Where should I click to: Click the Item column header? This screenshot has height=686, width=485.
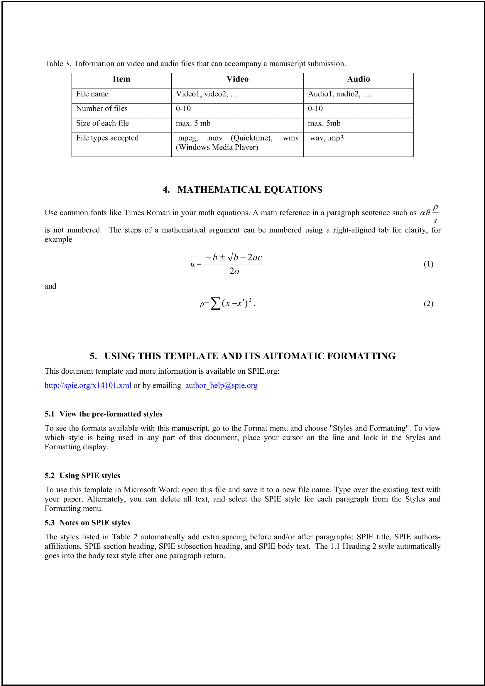coord(121,79)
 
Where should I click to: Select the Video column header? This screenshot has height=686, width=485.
coord(237,79)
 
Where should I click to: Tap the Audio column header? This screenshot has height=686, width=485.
coord(358,79)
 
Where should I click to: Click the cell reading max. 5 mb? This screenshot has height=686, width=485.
coord(193,123)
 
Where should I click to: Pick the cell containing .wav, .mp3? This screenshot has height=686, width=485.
coord(326,138)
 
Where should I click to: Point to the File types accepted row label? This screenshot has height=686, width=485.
coord(107,138)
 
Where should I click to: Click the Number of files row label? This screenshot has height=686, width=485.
coord(102,109)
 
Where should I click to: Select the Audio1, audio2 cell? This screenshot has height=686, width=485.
coord(339,94)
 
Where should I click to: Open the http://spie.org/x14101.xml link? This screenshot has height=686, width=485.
coord(88,385)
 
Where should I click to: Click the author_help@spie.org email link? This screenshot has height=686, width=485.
coord(221,385)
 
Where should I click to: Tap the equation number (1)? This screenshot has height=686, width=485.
coord(428,264)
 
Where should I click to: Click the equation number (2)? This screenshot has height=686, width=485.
coord(428,304)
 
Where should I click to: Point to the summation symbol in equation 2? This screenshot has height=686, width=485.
coord(215,304)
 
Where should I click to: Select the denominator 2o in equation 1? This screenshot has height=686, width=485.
coord(234,271)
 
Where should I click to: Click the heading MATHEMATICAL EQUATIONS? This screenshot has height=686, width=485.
coord(249,190)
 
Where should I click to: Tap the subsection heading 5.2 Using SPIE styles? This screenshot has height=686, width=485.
coord(82,475)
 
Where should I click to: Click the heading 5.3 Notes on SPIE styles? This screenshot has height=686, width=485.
coord(87,523)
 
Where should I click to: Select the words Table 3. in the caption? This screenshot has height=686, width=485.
coord(58,64)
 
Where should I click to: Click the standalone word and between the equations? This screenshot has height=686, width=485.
coord(50,286)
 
